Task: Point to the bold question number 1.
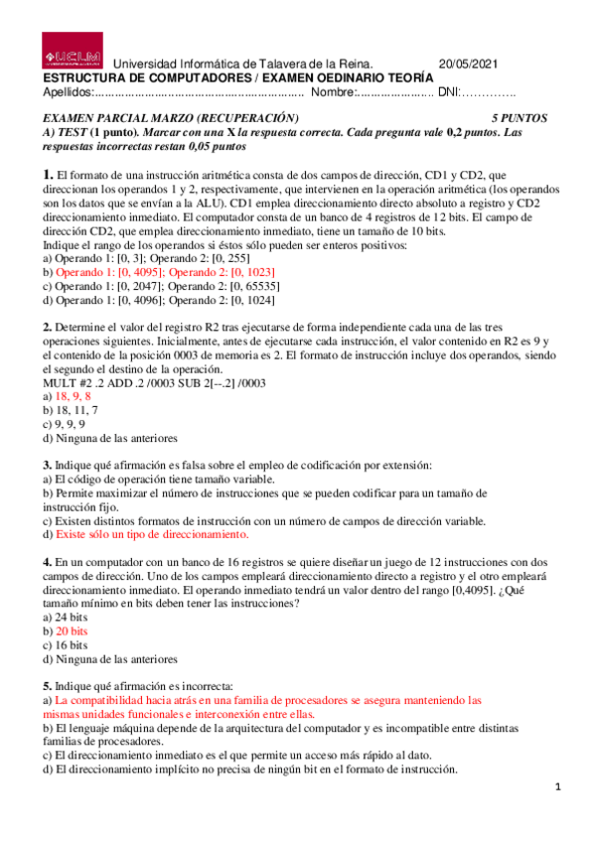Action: click(47, 175)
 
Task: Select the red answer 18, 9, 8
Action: click(73, 395)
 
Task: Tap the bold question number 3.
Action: click(47, 465)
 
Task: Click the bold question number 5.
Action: click(47, 685)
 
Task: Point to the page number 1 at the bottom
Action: click(559, 787)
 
